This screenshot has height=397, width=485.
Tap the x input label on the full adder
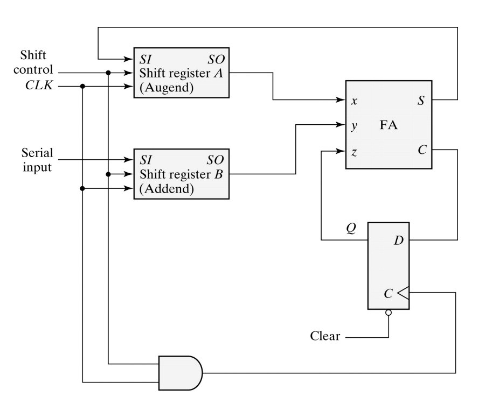(354, 101)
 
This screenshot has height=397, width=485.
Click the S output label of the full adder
(421, 101)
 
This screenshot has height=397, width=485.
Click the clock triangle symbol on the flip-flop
(403, 293)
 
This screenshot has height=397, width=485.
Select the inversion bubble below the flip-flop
(388, 313)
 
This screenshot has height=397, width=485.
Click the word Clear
(325, 337)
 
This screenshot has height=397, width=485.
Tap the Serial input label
(36, 160)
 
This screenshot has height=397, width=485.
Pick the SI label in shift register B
(146, 160)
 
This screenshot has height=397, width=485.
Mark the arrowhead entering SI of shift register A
(129, 58)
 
